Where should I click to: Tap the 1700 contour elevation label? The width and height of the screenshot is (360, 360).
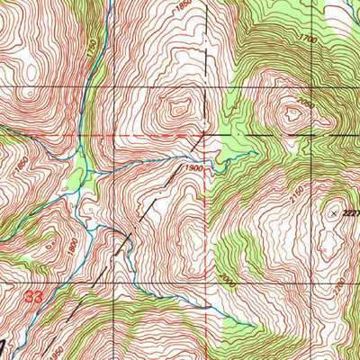pos(312,40)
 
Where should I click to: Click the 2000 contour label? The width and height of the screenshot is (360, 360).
pos(224,282)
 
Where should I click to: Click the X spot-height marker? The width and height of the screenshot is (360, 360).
pos(334,213)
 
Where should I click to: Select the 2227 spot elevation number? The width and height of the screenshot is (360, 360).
pos(351,213)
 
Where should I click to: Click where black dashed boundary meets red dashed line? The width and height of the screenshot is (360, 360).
pos(206,135)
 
